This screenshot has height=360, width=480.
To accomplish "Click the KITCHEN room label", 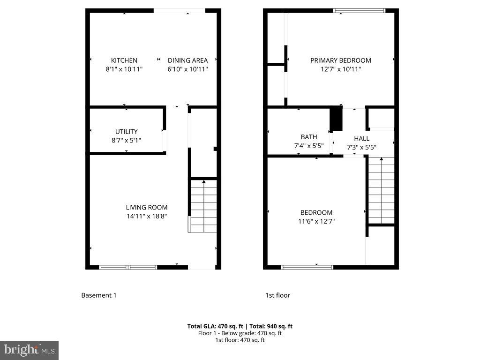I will click(124, 60).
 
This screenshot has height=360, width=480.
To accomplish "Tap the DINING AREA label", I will click(187, 60).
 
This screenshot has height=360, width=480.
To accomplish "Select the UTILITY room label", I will click(127, 132).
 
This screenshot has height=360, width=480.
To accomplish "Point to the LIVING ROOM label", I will click(146, 207).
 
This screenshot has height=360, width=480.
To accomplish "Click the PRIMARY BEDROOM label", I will click(340, 60).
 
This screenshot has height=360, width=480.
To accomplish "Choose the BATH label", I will click(309, 137).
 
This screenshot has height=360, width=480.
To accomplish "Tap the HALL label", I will click(361, 139).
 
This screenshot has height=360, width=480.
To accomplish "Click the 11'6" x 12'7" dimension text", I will click(317, 221).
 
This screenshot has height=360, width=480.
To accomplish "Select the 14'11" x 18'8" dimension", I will click(146, 216).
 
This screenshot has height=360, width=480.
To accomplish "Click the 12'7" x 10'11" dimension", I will click(340, 69).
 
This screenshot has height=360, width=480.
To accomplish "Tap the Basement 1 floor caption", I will click(98, 295).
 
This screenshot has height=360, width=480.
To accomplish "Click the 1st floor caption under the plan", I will click(277, 295).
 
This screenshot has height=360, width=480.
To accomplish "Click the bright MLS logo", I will click(29, 350).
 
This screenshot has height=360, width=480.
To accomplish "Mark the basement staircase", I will click(203, 206).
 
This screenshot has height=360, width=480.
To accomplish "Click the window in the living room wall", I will click(128, 267).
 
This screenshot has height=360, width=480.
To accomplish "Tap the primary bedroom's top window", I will click(359, 10).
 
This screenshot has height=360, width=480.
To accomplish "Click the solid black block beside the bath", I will click(337, 119).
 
